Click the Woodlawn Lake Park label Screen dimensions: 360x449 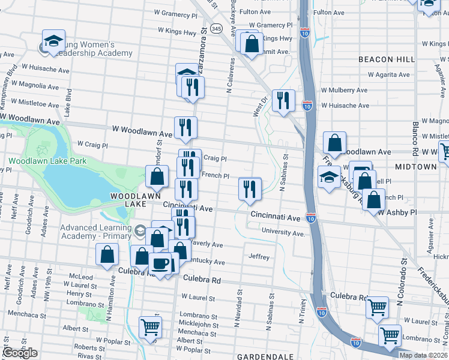pyautogui.click(x=47, y=161)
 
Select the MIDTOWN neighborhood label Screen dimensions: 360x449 pyautogui.click(x=416, y=166)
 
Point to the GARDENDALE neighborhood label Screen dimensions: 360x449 pyautogui.click(x=265, y=356)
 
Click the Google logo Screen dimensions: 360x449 pyautogui.click(x=20, y=353)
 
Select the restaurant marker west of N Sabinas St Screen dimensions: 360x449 pyautogui.click(x=250, y=188)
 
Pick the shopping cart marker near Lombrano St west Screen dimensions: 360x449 pyautogui.click(x=150, y=327)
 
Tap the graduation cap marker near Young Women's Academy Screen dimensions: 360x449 pyautogui.click(x=53, y=41)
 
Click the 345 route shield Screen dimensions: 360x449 pyautogui.click(x=217, y=28)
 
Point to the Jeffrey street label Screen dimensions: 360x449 pyautogui.click(x=259, y=256)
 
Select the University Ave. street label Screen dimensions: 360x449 pyautogui.click(x=283, y=232)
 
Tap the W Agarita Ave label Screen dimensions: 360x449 pyautogui.click(x=385, y=75)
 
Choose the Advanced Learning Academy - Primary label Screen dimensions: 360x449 pyautogui.click(x=96, y=232)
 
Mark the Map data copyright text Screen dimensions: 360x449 pyautogui.click(x=423, y=355)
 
